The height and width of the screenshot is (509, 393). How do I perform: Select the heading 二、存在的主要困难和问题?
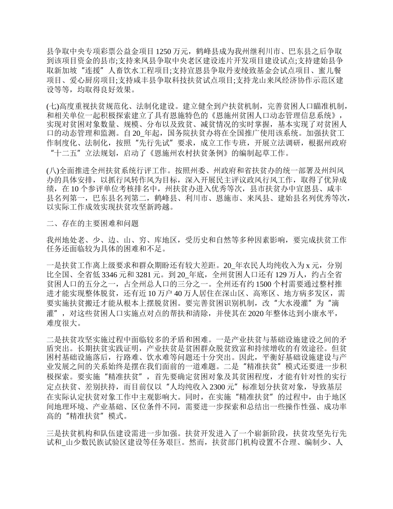pyautogui.click(x=93, y=224)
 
